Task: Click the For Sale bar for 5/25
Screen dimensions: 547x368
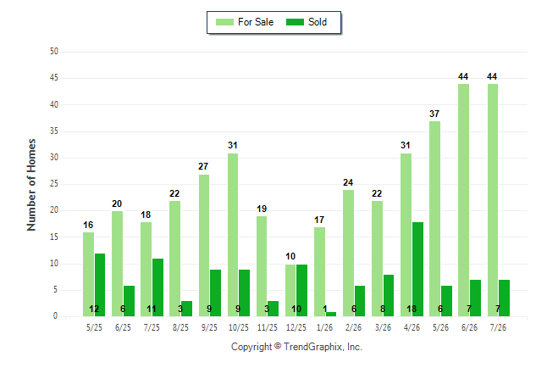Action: pos(88,275)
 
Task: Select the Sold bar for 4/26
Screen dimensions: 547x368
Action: pos(417,269)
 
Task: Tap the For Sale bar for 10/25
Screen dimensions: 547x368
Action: pos(233,235)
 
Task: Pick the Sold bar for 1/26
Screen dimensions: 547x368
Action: pos(331,315)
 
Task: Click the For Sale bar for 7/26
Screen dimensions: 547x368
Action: pos(493,200)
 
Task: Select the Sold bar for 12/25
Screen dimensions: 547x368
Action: pos(301,291)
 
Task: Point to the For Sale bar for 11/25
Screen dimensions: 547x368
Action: pos(262,266)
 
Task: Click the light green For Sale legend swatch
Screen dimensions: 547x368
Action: pos(224,22)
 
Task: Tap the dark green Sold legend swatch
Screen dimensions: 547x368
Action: pos(295,22)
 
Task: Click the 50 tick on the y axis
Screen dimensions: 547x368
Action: pos(54,52)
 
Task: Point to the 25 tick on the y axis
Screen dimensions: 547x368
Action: pos(54,183)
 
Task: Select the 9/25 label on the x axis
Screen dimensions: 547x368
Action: pos(209,327)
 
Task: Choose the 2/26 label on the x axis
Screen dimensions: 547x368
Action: pos(353,327)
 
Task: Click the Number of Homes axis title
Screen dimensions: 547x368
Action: pos(31,185)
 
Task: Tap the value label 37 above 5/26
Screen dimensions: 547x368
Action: pos(434,114)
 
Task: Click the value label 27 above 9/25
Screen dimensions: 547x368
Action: pos(203,166)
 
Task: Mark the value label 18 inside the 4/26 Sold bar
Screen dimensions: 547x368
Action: pos(412,309)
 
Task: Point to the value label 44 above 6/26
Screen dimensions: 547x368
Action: pos(463,76)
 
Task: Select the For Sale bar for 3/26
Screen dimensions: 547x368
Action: pos(377,259)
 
